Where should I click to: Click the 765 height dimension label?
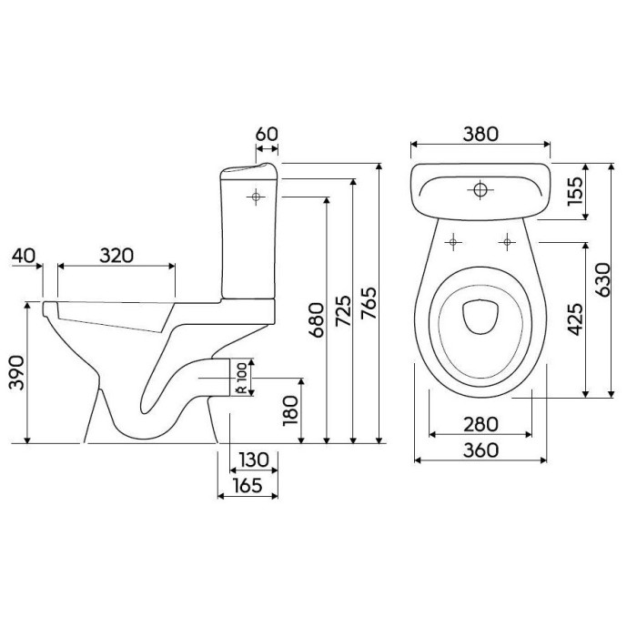click(x=369, y=303)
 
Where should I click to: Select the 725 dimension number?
click(x=342, y=311)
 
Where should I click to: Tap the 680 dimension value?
click(x=317, y=319)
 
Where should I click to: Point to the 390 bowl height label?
click(x=16, y=372)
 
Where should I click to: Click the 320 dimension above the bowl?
click(x=116, y=256)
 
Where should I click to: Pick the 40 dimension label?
click(x=23, y=256)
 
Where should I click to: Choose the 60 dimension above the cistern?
click(x=267, y=134)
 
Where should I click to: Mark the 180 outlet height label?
click(x=290, y=410)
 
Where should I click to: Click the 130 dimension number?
click(x=254, y=460)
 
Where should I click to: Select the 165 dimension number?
click(x=248, y=485)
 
